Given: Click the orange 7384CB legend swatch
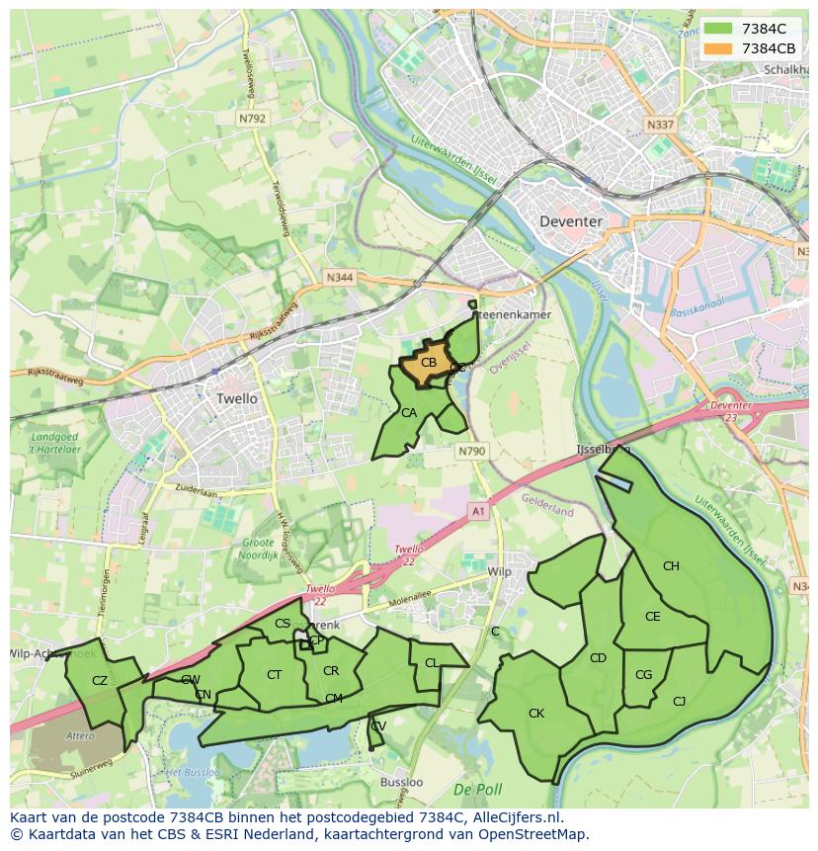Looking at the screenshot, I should (x=718, y=48).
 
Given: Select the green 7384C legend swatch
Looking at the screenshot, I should (x=718, y=29).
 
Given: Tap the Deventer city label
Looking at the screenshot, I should (x=570, y=221).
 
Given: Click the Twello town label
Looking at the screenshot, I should (x=236, y=398).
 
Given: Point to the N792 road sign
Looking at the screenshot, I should (x=252, y=118).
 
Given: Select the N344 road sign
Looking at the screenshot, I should (x=339, y=279).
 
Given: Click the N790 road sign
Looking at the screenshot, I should (x=471, y=451).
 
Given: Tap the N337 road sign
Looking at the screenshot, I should (x=659, y=126).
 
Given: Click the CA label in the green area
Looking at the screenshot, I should (x=408, y=413).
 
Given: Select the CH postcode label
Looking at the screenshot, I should (x=671, y=566).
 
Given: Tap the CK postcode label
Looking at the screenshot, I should (x=536, y=713).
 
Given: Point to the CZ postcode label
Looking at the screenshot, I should (x=100, y=680).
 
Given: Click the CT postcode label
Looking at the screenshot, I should (x=275, y=675).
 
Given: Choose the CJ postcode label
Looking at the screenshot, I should (x=679, y=702).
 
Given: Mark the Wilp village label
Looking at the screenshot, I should (x=500, y=571).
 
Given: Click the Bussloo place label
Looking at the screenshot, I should (x=401, y=781).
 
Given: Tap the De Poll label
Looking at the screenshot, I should (x=478, y=790).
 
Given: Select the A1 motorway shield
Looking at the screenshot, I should (x=478, y=510).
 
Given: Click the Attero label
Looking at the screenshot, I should (x=81, y=735).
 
